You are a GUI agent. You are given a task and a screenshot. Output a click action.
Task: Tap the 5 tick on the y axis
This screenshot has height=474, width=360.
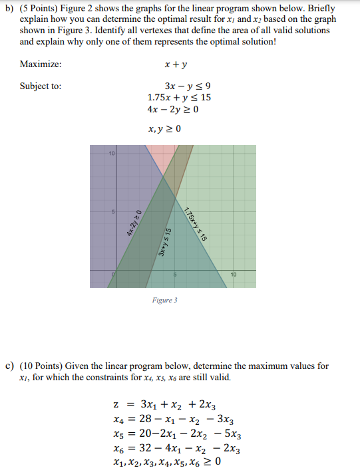(114, 213)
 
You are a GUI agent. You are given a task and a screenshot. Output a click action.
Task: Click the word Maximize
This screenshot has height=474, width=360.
(41, 64)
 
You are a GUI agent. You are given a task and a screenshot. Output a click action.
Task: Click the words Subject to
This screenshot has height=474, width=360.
(41, 86)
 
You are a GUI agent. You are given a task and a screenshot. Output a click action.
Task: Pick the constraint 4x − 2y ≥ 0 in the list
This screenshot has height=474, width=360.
(172, 110)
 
